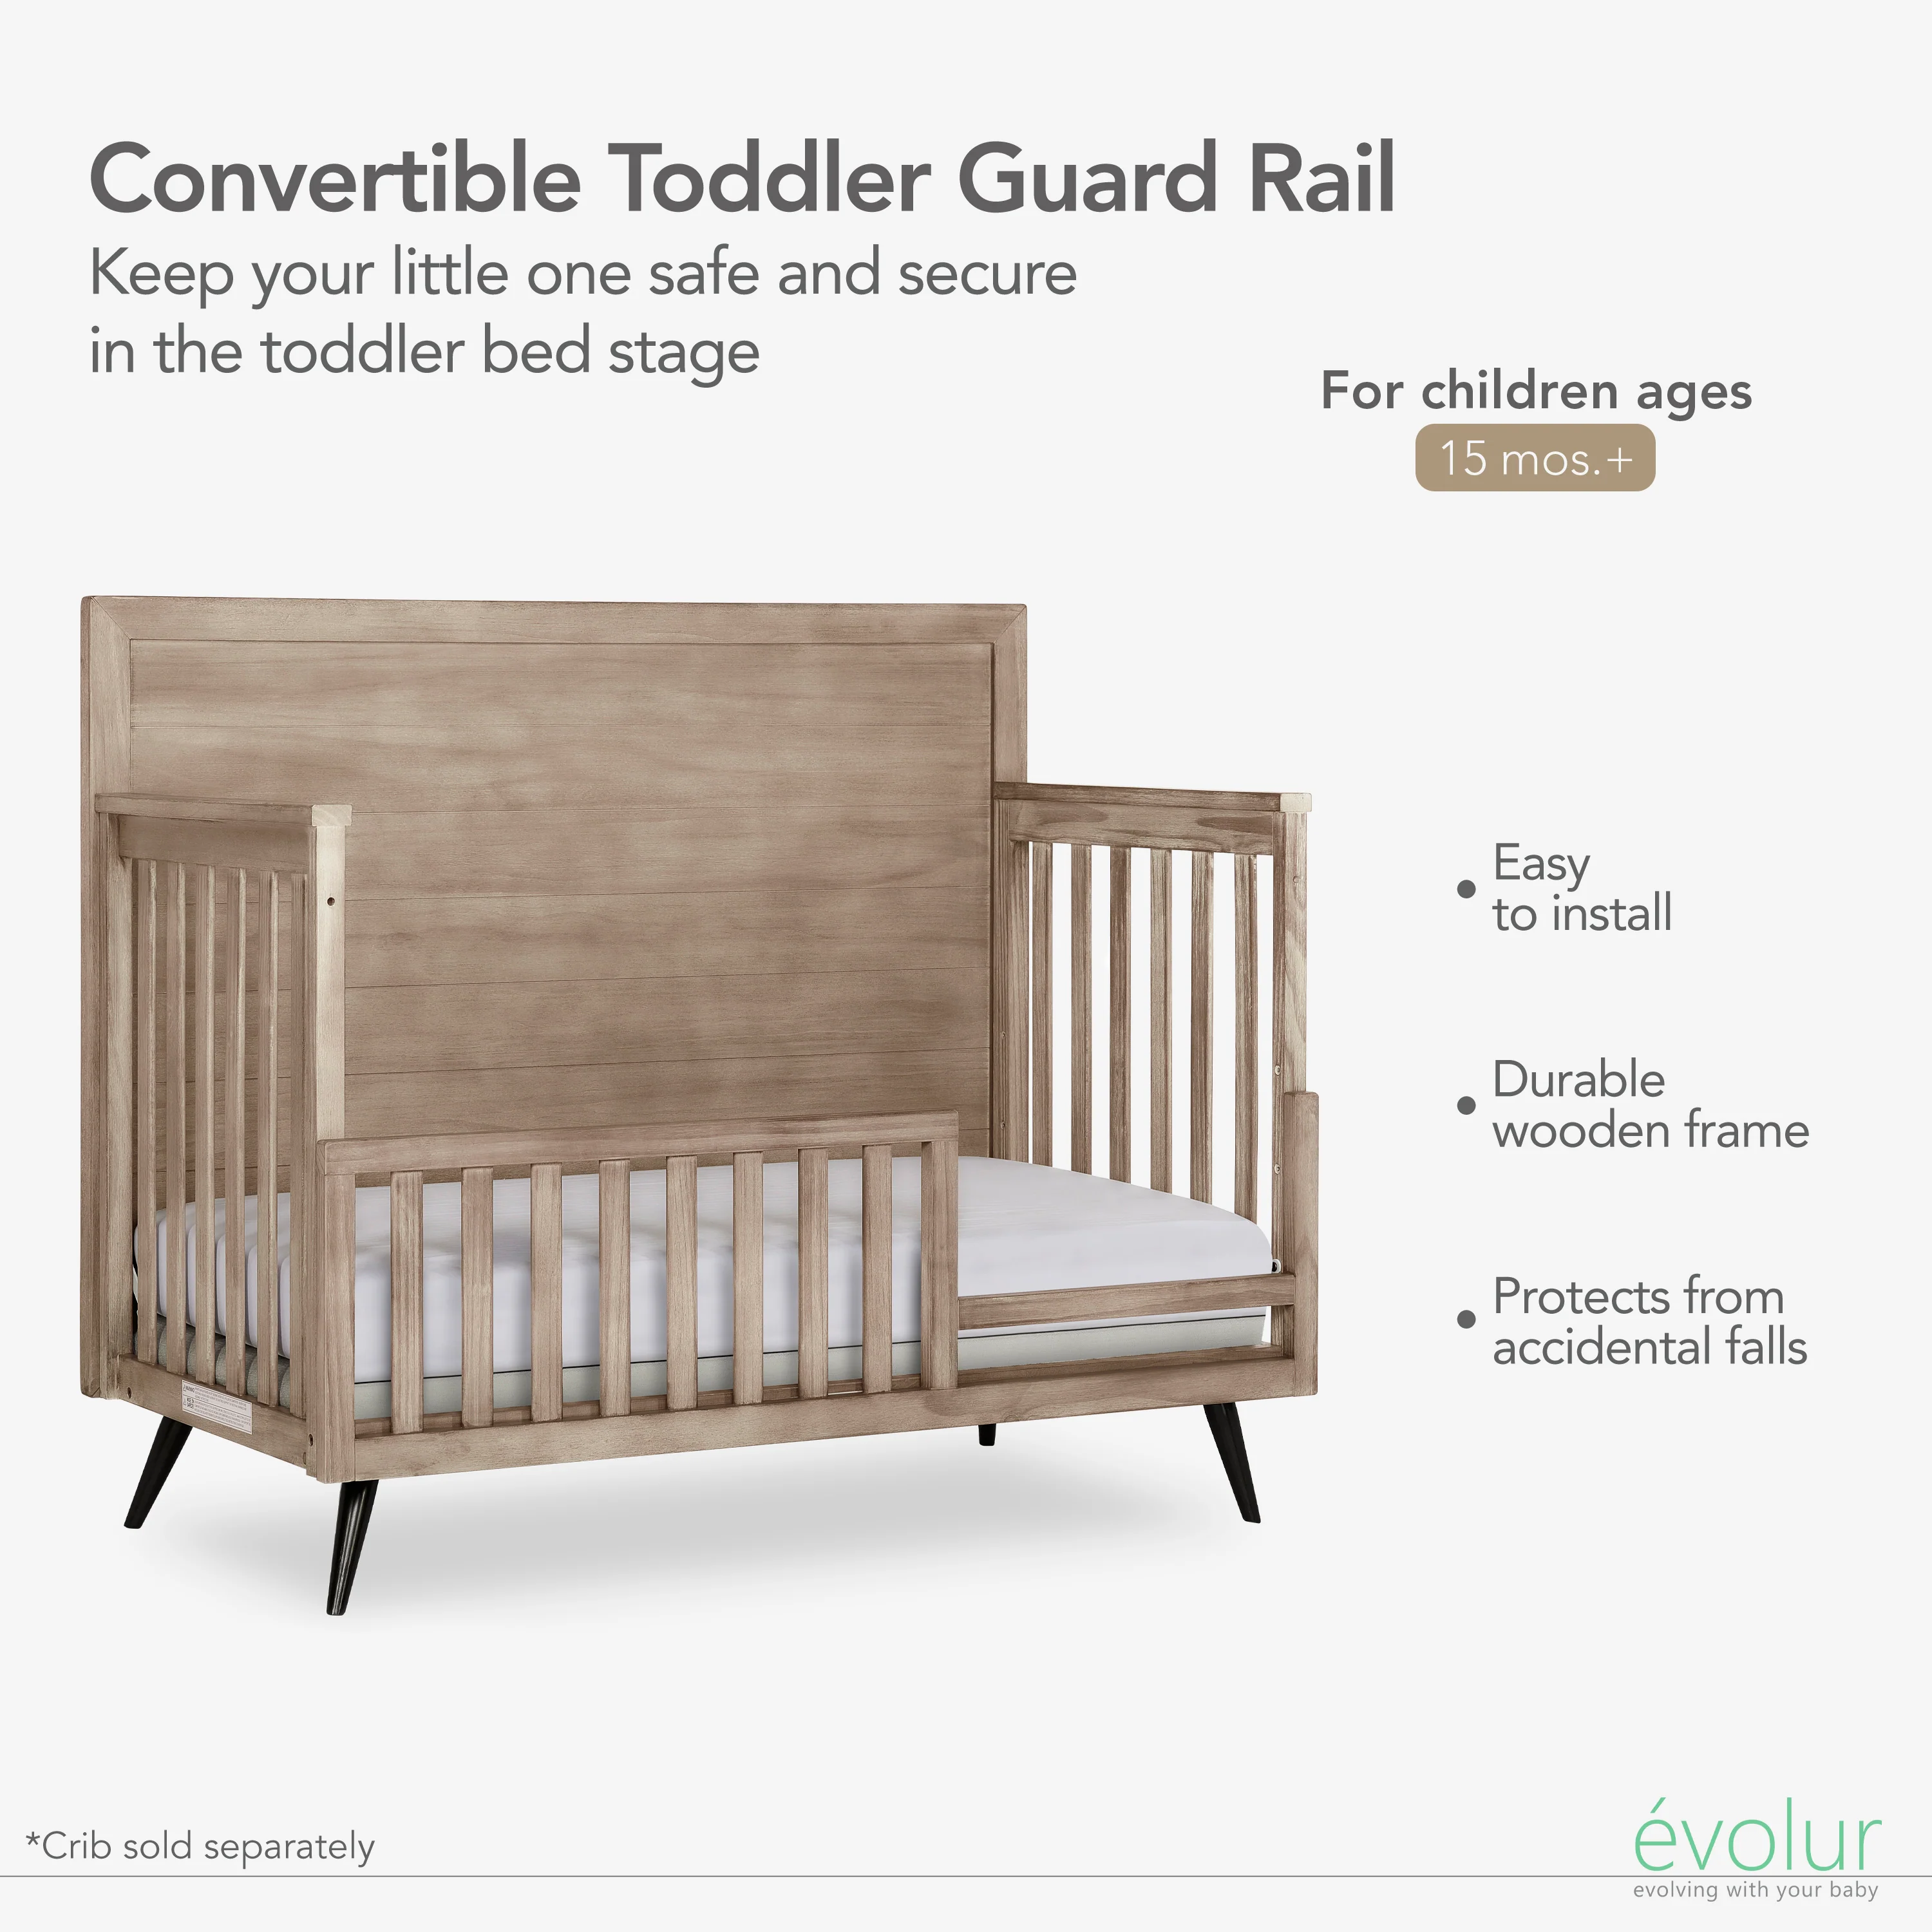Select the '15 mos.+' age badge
pos(1535,458)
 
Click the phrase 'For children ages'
pos(1536,391)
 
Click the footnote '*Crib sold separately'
pos(201,1846)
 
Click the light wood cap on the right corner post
pos(1296,802)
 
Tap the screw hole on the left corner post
pos(330,900)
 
